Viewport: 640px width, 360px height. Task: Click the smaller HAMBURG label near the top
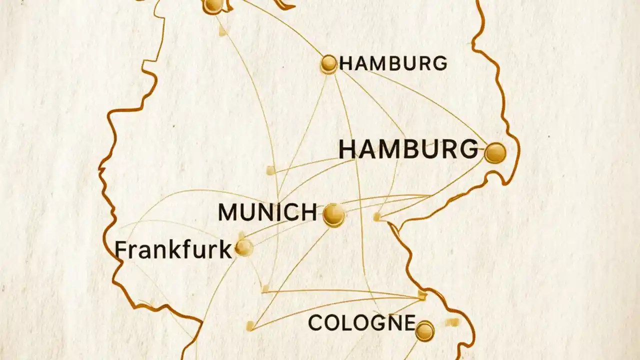(x=393, y=63)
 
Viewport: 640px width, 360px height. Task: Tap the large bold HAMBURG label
(x=408, y=150)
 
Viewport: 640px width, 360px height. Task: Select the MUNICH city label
(x=267, y=212)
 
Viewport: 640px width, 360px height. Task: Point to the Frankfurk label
(x=173, y=250)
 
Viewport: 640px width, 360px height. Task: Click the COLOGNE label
(x=361, y=323)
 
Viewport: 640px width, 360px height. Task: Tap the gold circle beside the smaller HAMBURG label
(x=328, y=63)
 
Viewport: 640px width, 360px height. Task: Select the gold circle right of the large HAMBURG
(x=495, y=152)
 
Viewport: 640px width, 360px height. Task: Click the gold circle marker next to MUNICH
(x=333, y=214)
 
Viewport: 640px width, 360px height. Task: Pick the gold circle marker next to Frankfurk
(x=244, y=247)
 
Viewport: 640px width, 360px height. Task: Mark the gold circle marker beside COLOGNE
(x=424, y=331)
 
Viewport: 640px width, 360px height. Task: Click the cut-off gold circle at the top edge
(x=213, y=5)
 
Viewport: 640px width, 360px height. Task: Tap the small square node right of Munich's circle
(x=377, y=216)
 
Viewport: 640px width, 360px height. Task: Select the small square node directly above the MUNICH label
(x=270, y=170)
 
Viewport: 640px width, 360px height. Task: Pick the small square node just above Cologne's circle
(x=422, y=295)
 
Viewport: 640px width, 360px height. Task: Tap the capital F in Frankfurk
(x=120, y=250)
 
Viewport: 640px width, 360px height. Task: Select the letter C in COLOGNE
(x=315, y=323)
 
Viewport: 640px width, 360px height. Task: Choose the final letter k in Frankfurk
(x=226, y=250)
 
